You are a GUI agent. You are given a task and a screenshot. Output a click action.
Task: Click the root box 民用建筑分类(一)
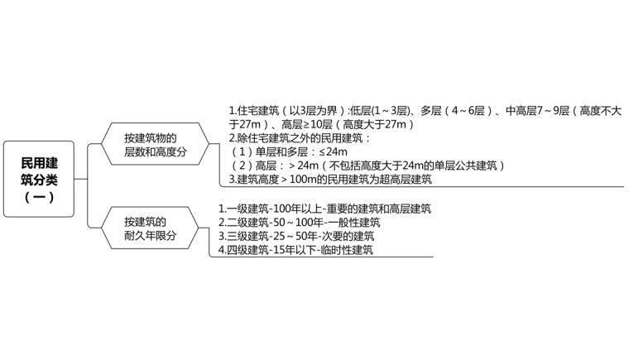click(x=38, y=179)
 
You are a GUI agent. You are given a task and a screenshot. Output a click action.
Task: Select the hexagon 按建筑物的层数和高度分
click(x=150, y=145)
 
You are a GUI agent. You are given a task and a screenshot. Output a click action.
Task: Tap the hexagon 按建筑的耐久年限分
click(x=150, y=228)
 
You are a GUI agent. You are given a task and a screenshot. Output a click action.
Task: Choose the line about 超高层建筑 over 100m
click(x=330, y=179)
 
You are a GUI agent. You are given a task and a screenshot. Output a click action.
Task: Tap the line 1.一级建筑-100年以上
click(x=324, y=209)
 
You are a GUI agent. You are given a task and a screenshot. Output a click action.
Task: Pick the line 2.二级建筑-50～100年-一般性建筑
click(x=299, y=222)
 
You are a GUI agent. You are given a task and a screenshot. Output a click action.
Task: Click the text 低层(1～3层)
click(x=378, y=110)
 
